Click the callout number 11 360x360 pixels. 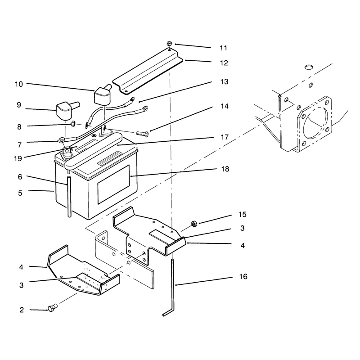pos(223,48)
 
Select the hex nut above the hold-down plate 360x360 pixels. pos(169,43)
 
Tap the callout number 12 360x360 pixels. pos(224,63)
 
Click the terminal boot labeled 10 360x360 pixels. pos(103,94)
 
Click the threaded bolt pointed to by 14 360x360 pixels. pos(142,133)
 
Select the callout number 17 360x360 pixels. pos(225,137)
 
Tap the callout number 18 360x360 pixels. pos(225,169)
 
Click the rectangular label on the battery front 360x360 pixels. pos(113,184)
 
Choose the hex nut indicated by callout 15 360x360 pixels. pos(194,224)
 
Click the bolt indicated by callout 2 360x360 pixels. pos(52,308)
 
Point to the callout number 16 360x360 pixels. pos(243,277)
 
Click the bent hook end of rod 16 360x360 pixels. pos(168,312)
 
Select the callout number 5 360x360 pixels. pos(20,193)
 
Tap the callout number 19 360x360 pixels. pos(18,158)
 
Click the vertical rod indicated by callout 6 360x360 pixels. pos(69,197)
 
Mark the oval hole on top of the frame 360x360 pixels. pos(309,67)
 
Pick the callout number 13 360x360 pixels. pos(224,82)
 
